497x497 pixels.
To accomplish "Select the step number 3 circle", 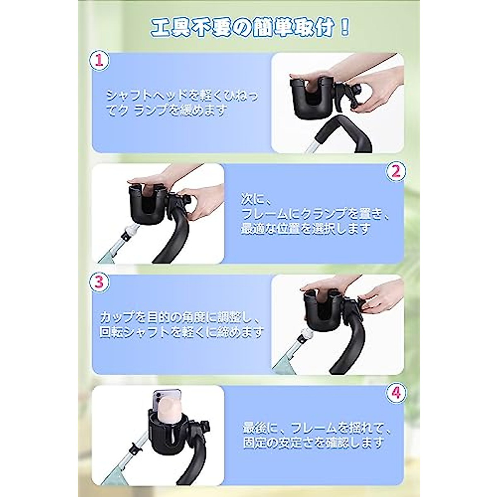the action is [99, 283].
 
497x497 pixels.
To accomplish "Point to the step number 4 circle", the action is [396, 394].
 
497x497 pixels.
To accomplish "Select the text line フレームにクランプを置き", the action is [315, 214].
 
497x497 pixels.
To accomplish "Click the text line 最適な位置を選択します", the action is [306, 229].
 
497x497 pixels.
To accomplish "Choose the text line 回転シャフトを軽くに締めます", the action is [182, 333].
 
